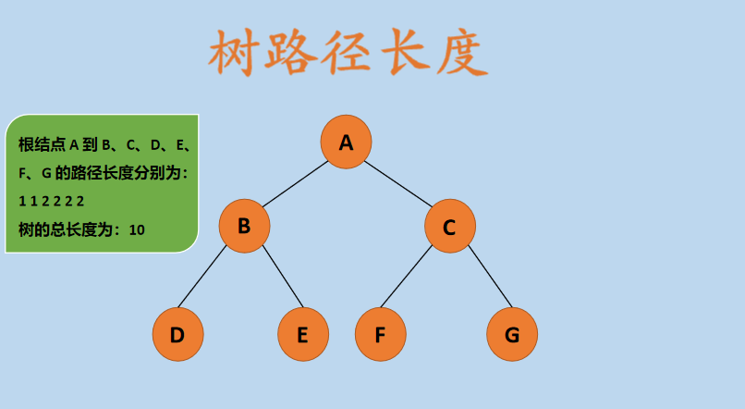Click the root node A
point(346,142)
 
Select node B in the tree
point(244,225)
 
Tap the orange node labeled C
point(449,226)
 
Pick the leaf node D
point(177,334)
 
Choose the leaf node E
point(302,334)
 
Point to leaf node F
point(379,334)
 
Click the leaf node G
point(511,334)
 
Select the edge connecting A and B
point(295,183)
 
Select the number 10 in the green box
point(137,229)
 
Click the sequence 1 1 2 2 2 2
point(51,201)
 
